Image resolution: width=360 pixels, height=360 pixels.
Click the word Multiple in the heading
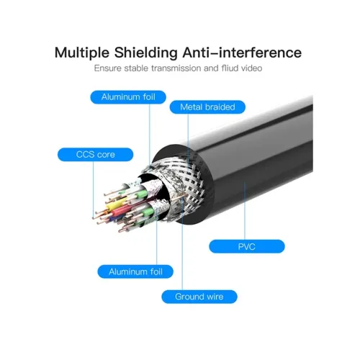82,53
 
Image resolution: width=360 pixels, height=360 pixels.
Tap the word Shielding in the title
146,53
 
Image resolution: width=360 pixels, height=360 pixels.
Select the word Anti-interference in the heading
242,53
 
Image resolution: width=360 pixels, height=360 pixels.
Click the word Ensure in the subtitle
108,68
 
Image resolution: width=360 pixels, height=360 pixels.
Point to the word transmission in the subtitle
176,68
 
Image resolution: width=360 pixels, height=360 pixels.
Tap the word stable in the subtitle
136,68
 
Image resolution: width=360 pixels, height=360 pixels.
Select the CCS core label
95,155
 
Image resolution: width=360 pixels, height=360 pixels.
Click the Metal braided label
207,107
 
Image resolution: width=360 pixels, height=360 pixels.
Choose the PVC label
247,246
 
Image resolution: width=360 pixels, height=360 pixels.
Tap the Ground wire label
199,297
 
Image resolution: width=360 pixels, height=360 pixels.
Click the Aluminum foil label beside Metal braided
128,97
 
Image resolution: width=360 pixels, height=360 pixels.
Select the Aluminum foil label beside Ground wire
135,272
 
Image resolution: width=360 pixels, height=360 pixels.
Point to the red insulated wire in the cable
119,212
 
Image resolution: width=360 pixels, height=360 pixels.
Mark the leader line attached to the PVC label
245,211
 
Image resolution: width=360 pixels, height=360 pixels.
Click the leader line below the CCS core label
93,190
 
